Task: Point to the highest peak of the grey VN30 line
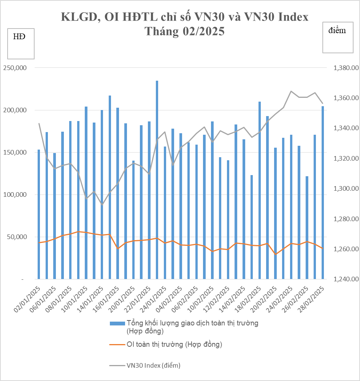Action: coord(291,91)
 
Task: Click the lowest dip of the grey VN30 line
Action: coord(102,204)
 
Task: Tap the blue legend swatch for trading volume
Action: coord(117,324)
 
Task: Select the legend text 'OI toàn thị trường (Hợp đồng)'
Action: coord(174,344)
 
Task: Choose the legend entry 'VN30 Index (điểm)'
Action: coord(153,365)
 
